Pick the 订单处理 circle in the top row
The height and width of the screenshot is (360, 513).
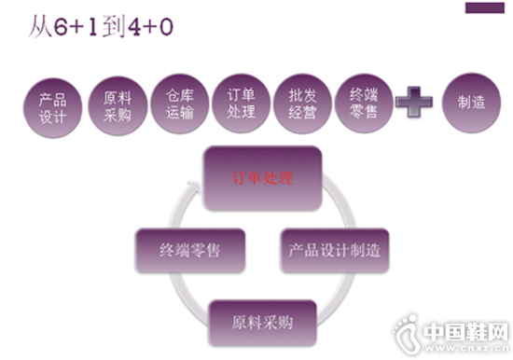(241, 103)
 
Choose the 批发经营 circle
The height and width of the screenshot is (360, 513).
(301, 104)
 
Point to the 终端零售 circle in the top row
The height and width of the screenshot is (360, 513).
(363, 104)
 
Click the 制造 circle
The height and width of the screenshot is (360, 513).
(471, 104)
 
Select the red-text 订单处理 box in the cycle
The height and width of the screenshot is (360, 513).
(262, 177)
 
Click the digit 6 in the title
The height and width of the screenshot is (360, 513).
(56, 27)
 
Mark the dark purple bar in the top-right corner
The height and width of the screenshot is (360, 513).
(485, 7)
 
